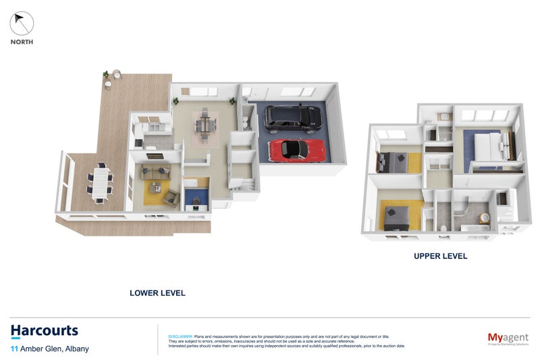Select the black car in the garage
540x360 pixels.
point(292,118)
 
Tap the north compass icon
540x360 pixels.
point(22,24)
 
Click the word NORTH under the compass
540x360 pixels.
point(22,42)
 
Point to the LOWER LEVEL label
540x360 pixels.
point(157,293)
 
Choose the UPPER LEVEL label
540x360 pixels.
point(440,257)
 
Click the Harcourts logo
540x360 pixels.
point(45,331)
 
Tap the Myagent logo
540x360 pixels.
point(507,337)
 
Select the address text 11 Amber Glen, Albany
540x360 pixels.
point(50,349)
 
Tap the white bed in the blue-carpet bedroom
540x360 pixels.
point(488,145)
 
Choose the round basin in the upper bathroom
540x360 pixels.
point(483,217)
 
